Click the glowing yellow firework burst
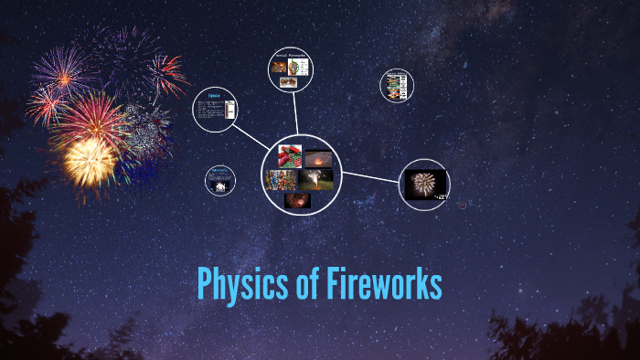tap(89, 161)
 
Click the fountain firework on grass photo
tap(313, 178)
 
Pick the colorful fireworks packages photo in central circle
tap(281, 179)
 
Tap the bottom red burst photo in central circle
tap(297, 199)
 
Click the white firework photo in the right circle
tap(424, 184)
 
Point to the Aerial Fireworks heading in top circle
tap(290, 57)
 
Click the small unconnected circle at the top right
tap(396, 85)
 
